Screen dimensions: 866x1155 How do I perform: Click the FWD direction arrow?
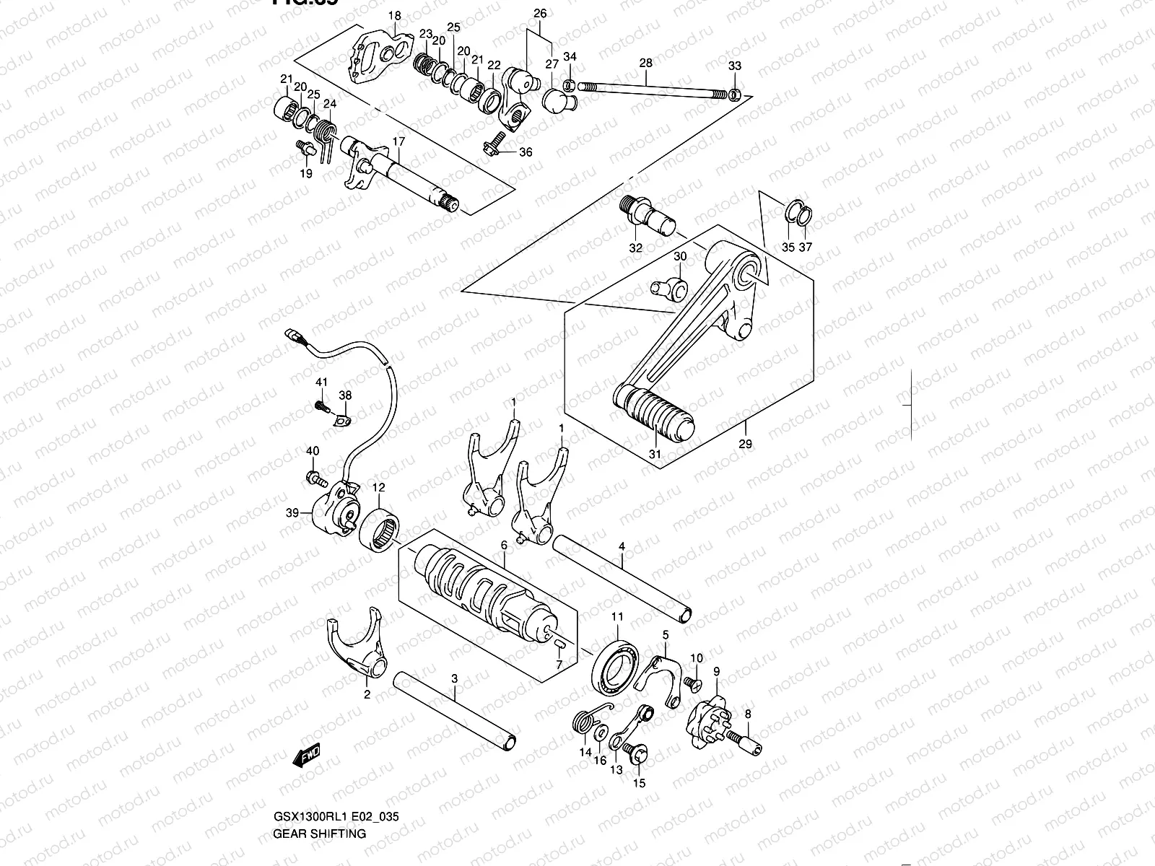click(x=307, y=756)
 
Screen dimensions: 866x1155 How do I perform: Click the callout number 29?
click(x=745, y=444)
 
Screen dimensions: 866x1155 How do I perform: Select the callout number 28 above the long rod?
click(x=645, y=64)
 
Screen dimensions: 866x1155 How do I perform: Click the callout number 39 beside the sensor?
click(x=292, y=513)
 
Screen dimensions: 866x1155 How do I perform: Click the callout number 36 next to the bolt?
click(x=526, y=152)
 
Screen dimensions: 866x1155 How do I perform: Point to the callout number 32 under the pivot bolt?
click(x=635, y=248)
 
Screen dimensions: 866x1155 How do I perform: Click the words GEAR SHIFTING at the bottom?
click(x=319, y=834)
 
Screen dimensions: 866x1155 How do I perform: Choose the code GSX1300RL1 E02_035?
click(x=336, y=817)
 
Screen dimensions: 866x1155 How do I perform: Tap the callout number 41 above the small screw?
click(x=321, y=382)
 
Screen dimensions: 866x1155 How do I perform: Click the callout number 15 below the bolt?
click(x=640, y=783)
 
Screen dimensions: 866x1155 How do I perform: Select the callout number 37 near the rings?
click(x=806, y=247)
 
